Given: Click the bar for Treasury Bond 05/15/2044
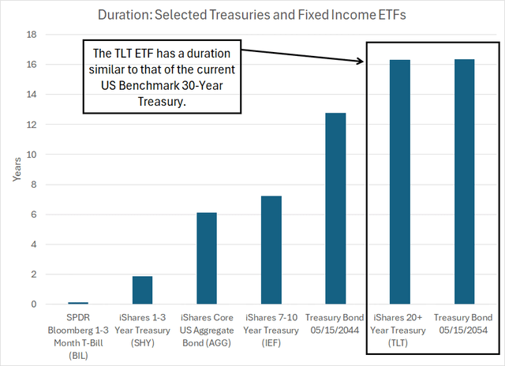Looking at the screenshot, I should click(x=335, y=209).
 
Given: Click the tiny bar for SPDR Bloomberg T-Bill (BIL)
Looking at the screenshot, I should click(x=78, y=303).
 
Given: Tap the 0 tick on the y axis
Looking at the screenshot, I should click(x=33, y=304).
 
